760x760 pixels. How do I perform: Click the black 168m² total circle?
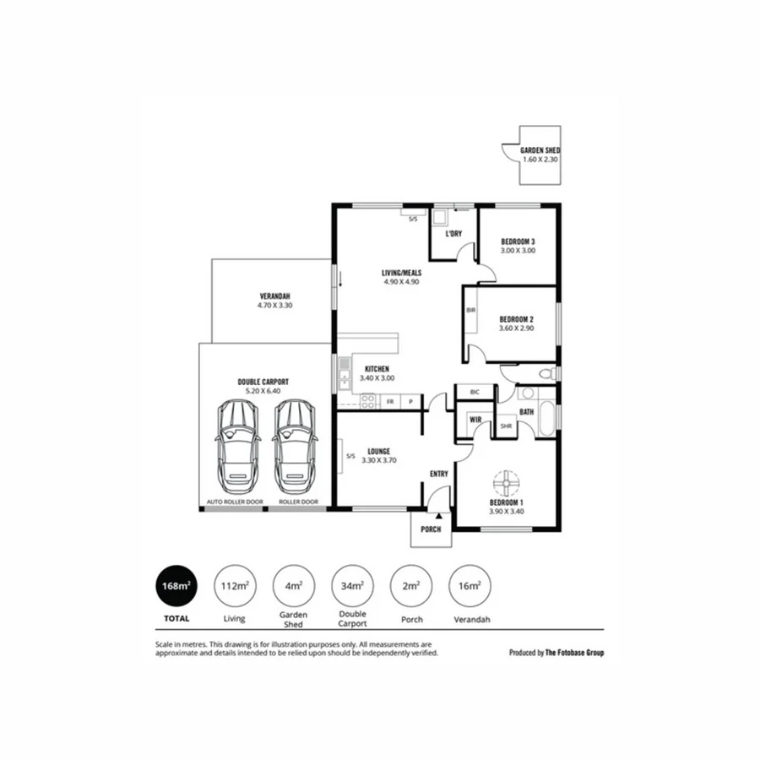(x=176, y=585)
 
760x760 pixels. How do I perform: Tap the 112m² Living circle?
(x=234, y=585)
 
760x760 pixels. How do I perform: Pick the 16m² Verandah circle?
(x=469, y=585)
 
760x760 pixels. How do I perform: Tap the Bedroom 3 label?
(x=518, y=242)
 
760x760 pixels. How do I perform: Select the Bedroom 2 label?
(x=516, y=319)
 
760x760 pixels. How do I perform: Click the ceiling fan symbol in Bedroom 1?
(x=505, y=483)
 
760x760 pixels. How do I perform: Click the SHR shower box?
(x=506, y=426)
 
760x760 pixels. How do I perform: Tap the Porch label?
(x=432, y=529)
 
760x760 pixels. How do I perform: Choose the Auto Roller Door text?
(x=235, y=502)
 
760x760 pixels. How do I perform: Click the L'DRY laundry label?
(x=453, y=234)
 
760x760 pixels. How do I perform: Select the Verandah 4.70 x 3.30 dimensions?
(x=274, y=306)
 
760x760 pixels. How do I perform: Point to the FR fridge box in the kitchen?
(x=390, y=402)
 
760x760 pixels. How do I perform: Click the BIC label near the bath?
(x=475, y=393)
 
